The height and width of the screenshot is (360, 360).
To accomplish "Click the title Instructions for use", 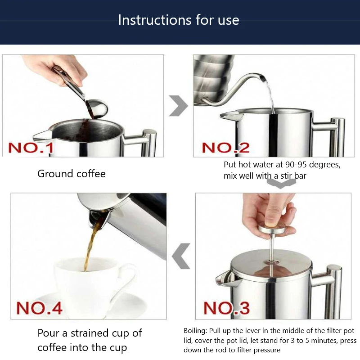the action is coord(179,20).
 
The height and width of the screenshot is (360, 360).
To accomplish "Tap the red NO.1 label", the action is coord(31,148).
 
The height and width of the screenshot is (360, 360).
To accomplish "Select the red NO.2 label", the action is coord(225,148).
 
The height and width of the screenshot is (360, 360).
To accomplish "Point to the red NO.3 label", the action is coord(226,308).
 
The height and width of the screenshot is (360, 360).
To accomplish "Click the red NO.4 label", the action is coord(39,308).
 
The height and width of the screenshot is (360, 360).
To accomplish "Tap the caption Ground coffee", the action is coord(72,174).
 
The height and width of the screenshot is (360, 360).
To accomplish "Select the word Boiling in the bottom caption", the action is coord(195,331).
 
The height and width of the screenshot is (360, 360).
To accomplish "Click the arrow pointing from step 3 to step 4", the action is coord(181,256).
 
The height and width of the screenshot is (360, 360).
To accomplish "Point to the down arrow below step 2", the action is coord(281,184).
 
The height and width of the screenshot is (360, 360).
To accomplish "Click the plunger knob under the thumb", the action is coord(273,229).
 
